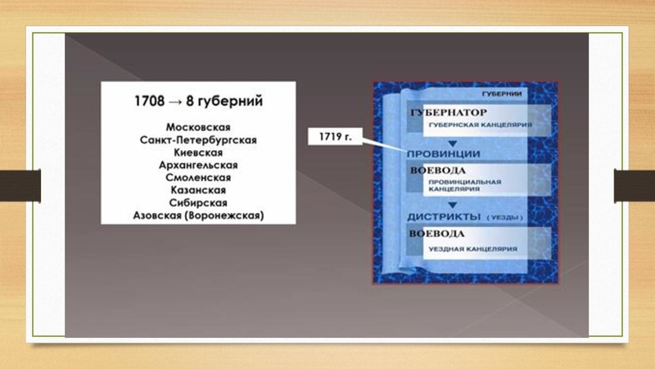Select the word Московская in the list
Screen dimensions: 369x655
point(198,127)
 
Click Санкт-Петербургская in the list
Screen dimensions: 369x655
point(198,139)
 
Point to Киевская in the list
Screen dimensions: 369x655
point(198,152)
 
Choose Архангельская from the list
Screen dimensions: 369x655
point(198,165)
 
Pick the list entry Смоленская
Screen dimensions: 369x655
point(198,177)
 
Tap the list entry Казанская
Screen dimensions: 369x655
point(198,189)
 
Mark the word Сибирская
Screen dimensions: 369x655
point(198,203)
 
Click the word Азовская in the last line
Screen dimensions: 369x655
point(158,215)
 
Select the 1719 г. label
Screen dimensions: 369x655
point(335,137)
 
